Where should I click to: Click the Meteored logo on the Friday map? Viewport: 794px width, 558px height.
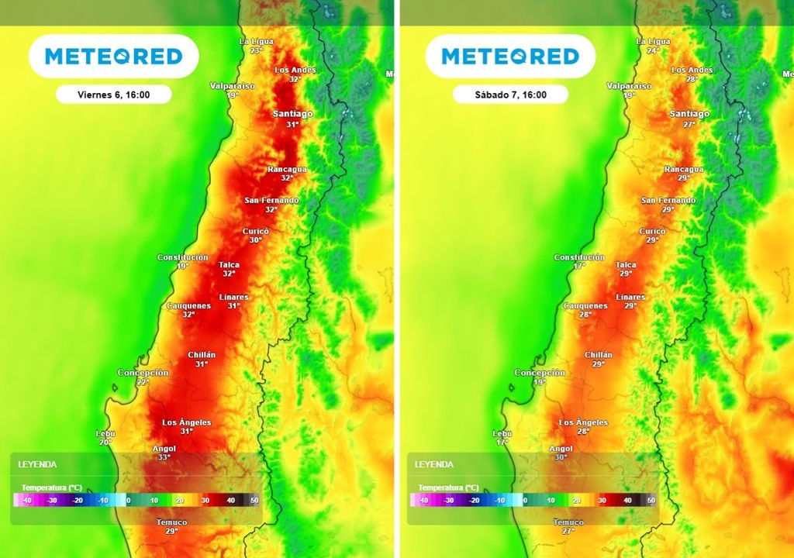point(114,57)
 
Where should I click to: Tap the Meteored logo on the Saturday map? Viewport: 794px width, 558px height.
point(511,57)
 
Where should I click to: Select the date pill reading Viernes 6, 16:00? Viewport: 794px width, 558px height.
point(114,95)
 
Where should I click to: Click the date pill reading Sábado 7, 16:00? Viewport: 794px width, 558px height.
point(511,95)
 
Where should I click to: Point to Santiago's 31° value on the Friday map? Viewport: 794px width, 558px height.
point(292,124)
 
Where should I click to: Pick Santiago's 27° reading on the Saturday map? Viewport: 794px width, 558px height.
point(689,124)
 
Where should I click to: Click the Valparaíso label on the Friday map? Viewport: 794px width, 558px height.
point(233,86)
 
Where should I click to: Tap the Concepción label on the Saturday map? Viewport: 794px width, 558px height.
point(540,373)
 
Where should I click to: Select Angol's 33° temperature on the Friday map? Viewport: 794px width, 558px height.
point(164,458)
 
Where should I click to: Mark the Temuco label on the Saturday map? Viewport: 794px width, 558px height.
point(568,522)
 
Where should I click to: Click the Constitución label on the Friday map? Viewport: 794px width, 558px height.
point(182,257)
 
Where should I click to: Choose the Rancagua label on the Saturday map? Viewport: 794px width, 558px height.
point(684,169)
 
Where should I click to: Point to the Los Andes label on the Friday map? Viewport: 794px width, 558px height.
point(295,71)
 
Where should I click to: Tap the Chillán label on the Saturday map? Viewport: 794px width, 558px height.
point(599,355)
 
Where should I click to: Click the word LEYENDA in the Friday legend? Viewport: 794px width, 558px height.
point(37,464)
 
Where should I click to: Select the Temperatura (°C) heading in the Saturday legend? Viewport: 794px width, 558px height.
point(449,487)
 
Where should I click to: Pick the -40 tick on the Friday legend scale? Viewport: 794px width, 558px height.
point(26,501)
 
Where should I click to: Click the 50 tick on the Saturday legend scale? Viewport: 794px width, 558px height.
point(651,501)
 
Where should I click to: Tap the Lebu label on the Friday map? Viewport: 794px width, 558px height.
point(105,433)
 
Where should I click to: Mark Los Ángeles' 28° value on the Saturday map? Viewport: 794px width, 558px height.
point(583,432)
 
